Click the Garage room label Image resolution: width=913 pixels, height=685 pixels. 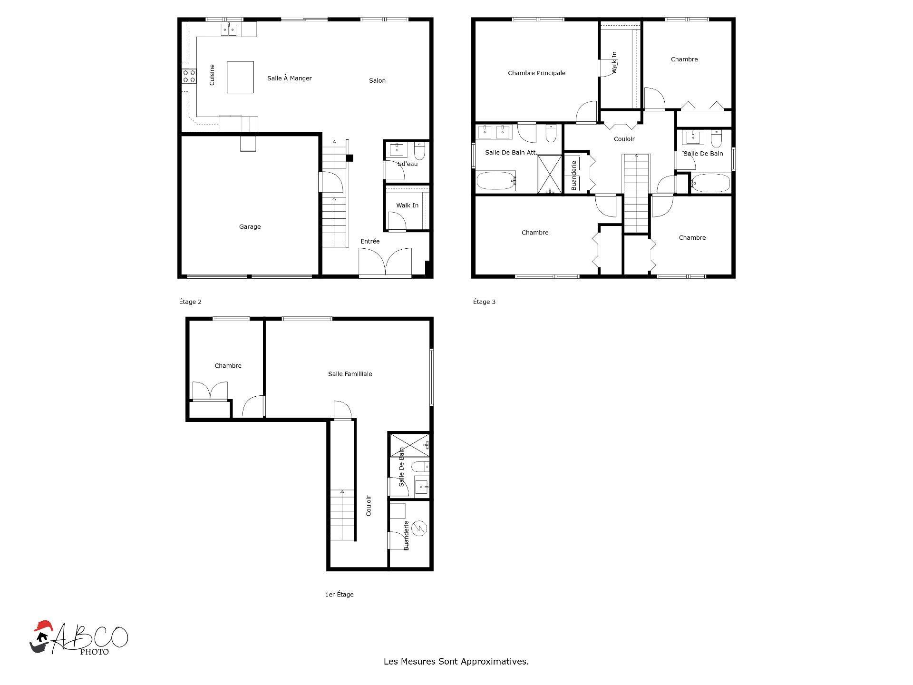coord(250,227)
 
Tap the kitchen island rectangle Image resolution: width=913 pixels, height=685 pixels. coord(240,77)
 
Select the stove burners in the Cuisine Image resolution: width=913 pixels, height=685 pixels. coord(189,77)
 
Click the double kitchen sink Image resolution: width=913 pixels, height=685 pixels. coord(229,30)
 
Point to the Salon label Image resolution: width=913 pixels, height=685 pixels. coord(377,81)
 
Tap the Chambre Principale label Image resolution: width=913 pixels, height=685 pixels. coord(536,73)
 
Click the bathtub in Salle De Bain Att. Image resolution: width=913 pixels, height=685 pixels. coord(496,181)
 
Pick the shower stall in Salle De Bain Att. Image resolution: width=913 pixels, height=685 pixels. coord(550,174)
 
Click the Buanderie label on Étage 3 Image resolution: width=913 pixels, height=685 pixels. coord(574,176)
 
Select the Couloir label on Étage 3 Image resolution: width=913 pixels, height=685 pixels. coord(624,139)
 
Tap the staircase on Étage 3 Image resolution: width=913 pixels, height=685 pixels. coord(636,193)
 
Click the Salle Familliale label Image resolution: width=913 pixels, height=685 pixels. coord(350,374)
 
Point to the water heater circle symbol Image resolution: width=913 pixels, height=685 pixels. coord(419,528)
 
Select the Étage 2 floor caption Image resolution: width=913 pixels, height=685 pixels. coord(190,302)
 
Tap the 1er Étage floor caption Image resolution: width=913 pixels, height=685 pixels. coord(339,595)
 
